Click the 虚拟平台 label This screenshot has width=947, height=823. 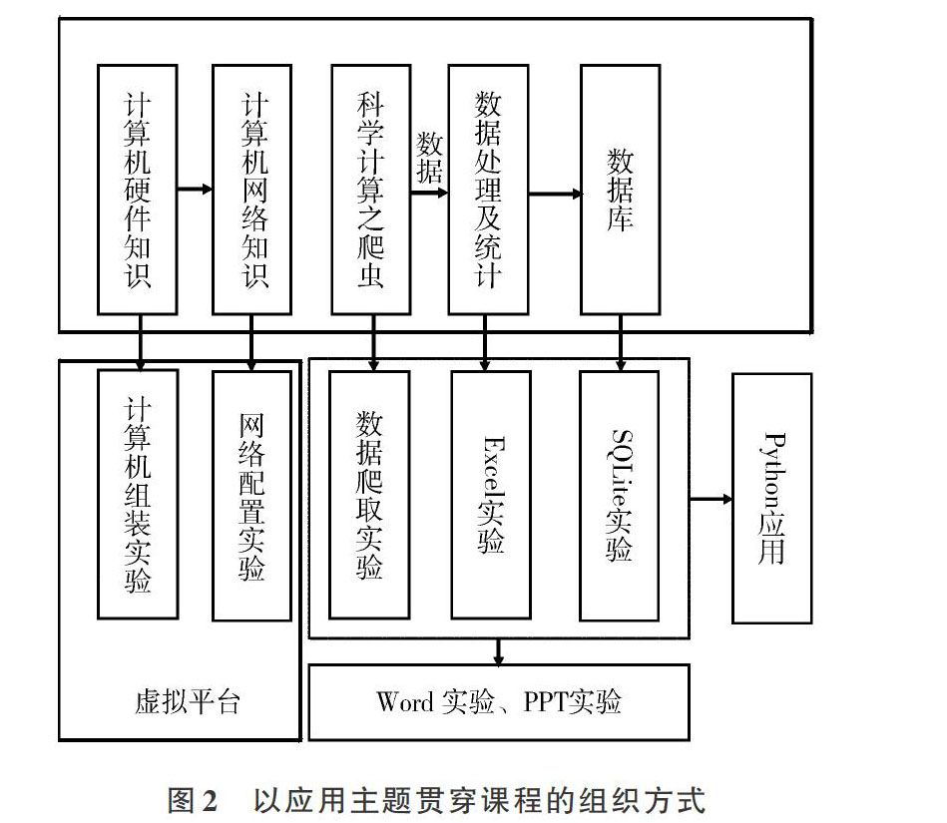pos(188,701)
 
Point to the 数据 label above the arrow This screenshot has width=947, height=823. pos(429,157)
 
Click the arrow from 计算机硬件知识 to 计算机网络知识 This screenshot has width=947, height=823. pos(195,189)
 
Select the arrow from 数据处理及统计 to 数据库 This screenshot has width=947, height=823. pos(556,194)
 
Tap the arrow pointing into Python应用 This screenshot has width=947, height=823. pos(710,499)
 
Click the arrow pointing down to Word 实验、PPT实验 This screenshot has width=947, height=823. pos(498,651)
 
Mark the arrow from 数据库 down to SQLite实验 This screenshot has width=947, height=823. pos(621,342)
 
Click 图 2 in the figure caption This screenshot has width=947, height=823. pos(192,801)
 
